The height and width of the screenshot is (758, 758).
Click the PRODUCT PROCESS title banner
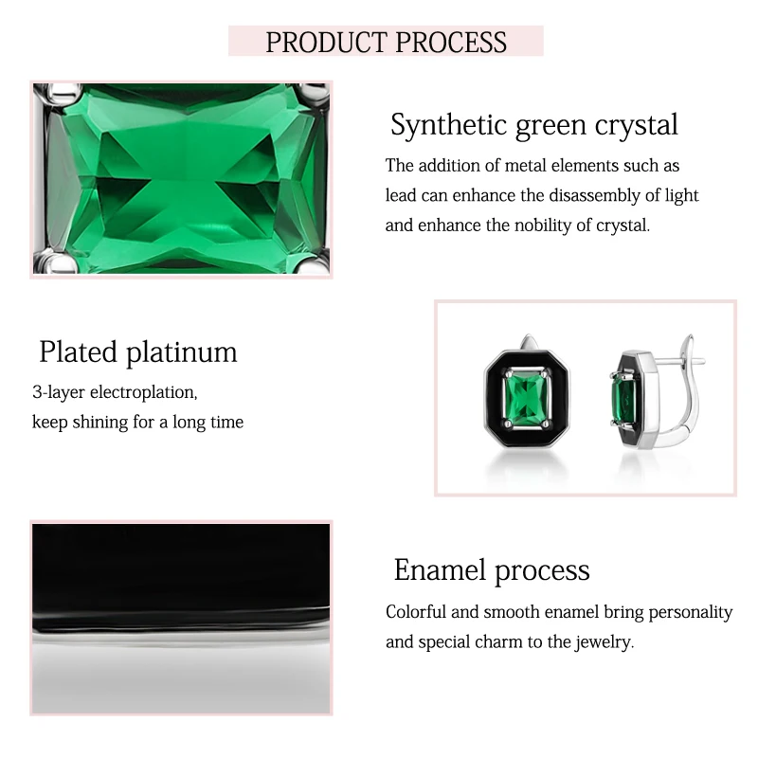(386, 42)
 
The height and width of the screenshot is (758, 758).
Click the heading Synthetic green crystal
(534, 124)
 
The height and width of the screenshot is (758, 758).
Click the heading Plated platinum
(138, 352)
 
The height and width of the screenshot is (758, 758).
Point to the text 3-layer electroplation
(115, 391)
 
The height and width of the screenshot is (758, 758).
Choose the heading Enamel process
(492, 569)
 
